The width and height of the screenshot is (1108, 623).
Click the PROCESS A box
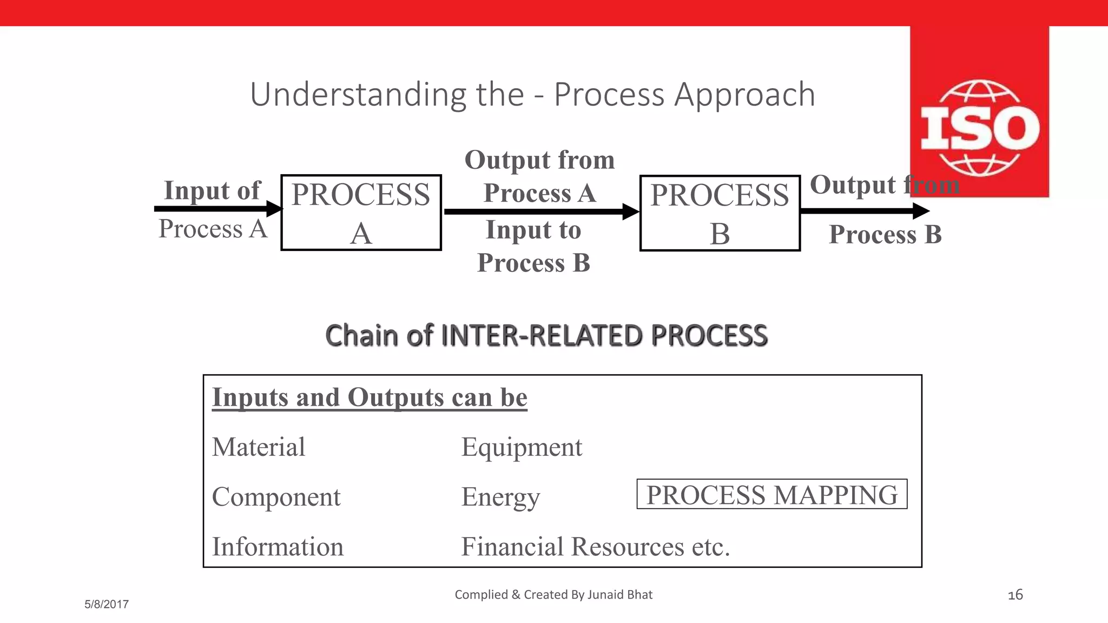tap(361, 213)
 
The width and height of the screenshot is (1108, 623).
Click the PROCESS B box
tap(720, 213)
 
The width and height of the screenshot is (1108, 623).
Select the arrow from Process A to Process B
tap(541, 211)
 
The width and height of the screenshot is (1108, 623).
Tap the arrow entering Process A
tap(216, 209)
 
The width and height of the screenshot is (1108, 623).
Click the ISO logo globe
tap(979, 129)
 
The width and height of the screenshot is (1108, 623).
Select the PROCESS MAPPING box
tap(771, 494)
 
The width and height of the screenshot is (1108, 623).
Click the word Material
tap(259, 447)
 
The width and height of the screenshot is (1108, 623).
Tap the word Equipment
tap(522, 447)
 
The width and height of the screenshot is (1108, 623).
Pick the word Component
tap(276, 497)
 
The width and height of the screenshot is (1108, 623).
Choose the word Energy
tap(500, 497)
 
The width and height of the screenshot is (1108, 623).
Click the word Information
tap(278, 547)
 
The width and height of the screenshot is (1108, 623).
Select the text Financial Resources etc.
tap(595, 547)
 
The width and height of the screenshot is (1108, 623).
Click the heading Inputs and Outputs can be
tap(370, 397)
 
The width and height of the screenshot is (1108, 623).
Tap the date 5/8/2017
tap(107, 605)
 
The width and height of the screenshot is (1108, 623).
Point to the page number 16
tap(1015, 595)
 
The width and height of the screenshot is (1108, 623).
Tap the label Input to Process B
tap(533, 246)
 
